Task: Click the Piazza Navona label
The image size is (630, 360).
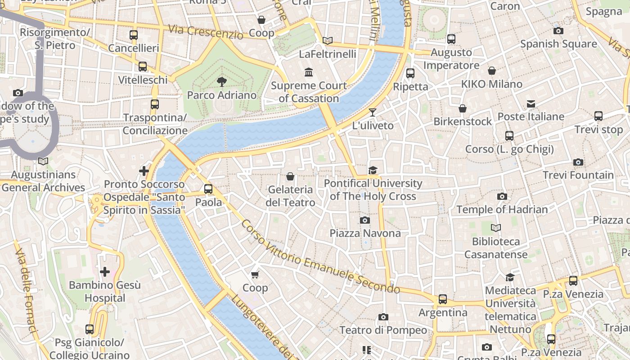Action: (365, 233)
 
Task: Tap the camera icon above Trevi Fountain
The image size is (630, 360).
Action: (578, 162)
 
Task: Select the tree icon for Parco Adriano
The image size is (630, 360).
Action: (221, 81)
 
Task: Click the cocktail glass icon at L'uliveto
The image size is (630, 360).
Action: (373, 112)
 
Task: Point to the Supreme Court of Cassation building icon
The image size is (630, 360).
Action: (309, 72)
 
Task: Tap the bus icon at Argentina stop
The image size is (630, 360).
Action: (443, 299)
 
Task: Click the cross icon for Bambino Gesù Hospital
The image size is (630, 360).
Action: (105, 272)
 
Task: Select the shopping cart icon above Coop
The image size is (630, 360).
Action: (255, 274)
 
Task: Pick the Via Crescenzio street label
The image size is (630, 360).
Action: (205, 32)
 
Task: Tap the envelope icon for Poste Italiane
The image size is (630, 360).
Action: (531, 104)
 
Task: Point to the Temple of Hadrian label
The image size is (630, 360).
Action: (502, 209)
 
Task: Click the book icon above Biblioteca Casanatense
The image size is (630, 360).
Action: (495, 228)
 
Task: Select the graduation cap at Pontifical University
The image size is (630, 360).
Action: (373, 170)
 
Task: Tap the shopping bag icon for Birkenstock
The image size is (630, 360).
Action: (463, 108)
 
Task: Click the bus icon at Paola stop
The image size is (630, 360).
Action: (208, 189)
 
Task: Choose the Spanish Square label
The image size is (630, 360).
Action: (558, 44)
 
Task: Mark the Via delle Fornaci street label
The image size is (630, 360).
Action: (26, 290)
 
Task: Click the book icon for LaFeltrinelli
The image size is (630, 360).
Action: (328, 41)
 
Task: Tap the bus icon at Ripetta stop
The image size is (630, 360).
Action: (410, 73)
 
